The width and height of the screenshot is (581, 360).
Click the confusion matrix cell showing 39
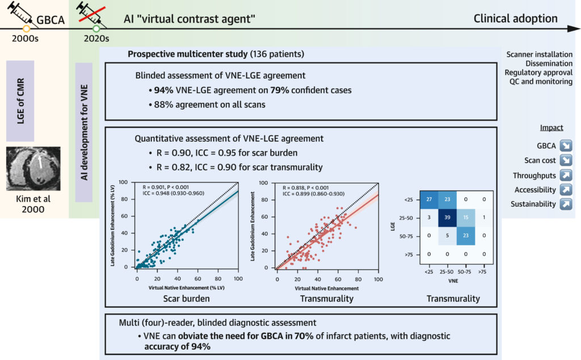tap(447, 217)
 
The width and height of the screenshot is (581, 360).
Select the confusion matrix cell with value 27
tap(429, 199)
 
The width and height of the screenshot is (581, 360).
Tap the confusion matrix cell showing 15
tap(466, 217)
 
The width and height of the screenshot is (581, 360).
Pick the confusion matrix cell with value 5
tap(447, 236)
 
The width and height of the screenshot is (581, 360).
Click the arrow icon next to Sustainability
tap(566, 204)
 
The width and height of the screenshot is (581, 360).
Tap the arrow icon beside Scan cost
tap(566, 160)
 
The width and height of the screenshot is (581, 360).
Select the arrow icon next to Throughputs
tap(566, 175)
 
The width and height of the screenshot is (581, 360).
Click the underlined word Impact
tap(551, 128)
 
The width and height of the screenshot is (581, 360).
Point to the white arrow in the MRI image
tap(40, 162)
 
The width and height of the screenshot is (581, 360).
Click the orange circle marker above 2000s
tap(26, 28)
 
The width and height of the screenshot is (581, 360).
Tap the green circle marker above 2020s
tap(96, 28)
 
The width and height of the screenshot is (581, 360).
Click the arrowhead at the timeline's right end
tap(574, 28)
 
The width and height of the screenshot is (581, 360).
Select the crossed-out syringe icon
tap(91, 14)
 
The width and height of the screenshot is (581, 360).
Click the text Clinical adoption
tap(515, 19)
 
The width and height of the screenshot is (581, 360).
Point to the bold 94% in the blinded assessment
tap(163, 90)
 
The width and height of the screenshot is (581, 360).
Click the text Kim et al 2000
tap(33, 204)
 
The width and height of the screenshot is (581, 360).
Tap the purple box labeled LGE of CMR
tap(20, 101)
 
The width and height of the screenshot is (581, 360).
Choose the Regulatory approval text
tap(538, 73)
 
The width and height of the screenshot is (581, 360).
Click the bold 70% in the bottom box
tap(304, 336)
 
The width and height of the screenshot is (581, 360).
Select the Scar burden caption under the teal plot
tap(186, 299)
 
